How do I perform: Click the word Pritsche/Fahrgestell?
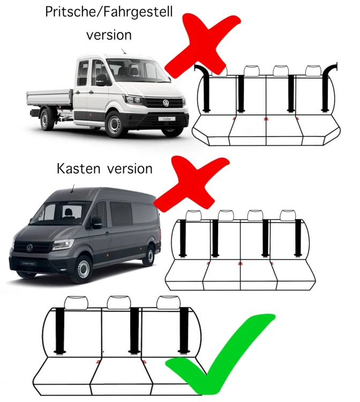pos(109,12)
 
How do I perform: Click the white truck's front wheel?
pos(115,124)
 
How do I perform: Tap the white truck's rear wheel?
pos(47,120)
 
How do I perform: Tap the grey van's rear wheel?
pos(150,255)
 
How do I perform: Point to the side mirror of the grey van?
pos(96,222)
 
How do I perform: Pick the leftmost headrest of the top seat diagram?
pos(220,70)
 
